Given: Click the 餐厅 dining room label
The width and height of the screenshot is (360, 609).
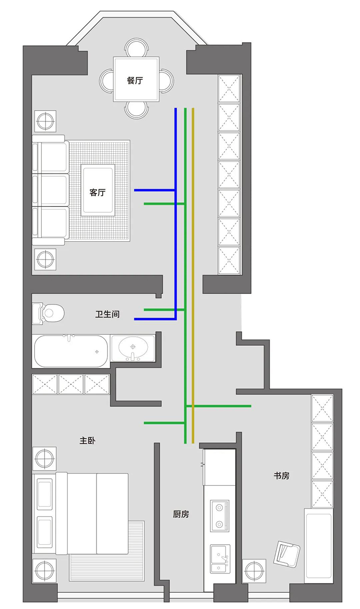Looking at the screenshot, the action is [x=135, y=80].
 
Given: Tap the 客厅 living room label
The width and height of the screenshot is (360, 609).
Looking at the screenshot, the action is [x=97, y=193].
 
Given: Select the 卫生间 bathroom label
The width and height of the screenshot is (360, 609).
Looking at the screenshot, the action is [x=108, y=314].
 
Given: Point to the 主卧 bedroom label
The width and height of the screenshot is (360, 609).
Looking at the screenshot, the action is [x=87, y=441].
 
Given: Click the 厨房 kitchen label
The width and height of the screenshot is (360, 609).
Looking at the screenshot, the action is [x=180, y=514].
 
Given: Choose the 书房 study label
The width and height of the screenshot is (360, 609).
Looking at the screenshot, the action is [x=281, y=475].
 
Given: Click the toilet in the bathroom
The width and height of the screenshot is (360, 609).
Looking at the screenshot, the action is [x=48, y=313].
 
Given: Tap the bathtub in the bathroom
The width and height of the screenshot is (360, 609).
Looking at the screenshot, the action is [x=71, y=351].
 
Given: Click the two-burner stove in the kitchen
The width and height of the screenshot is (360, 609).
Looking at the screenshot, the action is [x=219, y=516].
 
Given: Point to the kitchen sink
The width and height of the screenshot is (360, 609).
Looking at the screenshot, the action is [x=220, y=559].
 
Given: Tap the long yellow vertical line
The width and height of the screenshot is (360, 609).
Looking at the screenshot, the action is [x=193, y=276].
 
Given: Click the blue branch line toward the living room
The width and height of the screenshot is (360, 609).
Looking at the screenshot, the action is [x=155, y=190].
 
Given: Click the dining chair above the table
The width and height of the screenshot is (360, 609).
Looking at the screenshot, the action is [x=136, y=48].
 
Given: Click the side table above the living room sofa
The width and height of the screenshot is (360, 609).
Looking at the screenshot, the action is [x=46, y=121].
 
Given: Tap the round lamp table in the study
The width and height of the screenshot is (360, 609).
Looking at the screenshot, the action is [x=254, y=571].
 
